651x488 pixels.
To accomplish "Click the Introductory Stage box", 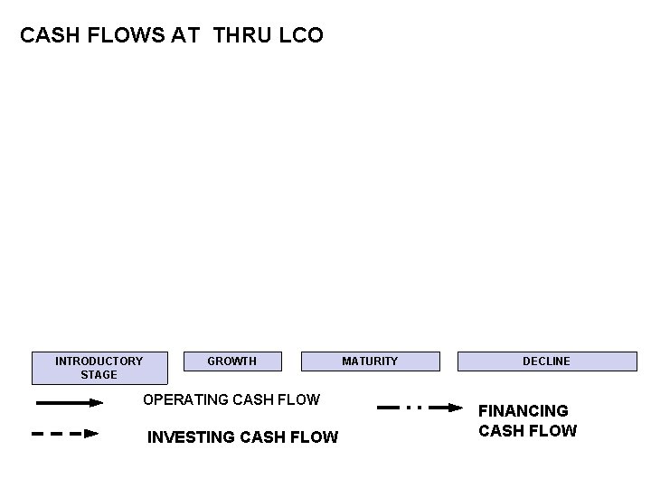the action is (99, 367).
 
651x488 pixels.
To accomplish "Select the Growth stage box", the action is (232, 361).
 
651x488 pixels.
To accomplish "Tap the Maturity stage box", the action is (370, 361).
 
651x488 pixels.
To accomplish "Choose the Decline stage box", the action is (546, 361).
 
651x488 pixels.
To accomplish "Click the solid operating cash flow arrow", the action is (68, 404).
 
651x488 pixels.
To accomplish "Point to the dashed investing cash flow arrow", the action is (63, 434).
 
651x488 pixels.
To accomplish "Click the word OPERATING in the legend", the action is (182, 399).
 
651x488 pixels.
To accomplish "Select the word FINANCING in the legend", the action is (524, 410).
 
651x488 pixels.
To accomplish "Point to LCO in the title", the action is (302, 37).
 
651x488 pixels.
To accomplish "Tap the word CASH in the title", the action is (47, 37).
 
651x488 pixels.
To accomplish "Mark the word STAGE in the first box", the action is (99, 374).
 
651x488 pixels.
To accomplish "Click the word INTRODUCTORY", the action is (99, 361).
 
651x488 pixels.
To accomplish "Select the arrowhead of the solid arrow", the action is (96, 404).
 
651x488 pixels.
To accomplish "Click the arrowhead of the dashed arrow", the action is (90, 434).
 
